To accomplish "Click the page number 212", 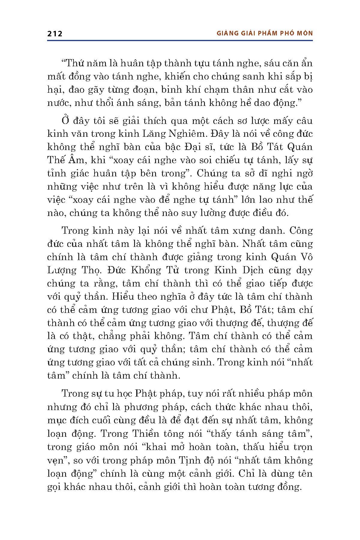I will [x=55, y=33].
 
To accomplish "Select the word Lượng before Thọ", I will [x=61, y=270].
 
